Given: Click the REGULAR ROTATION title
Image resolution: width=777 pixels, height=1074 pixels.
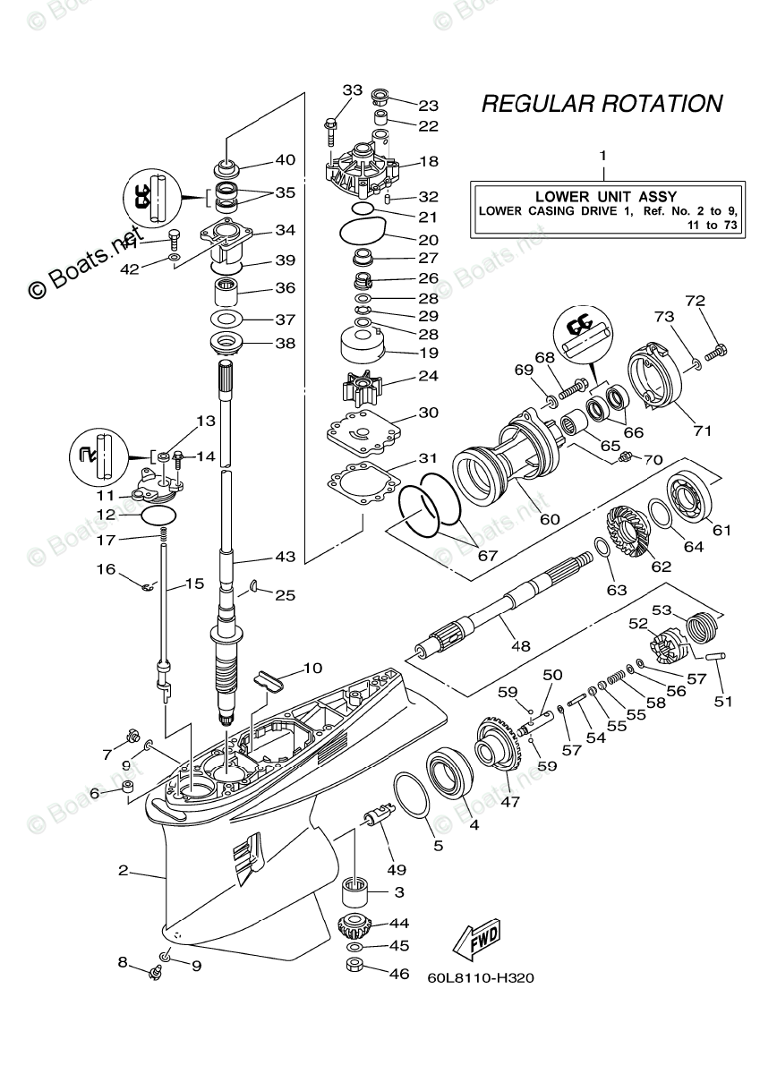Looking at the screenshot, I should coord(602,104).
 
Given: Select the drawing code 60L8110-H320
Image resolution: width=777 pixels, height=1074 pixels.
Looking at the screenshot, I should coord(481,978).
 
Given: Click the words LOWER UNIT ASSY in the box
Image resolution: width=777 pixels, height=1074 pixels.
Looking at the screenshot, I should coord(605,196).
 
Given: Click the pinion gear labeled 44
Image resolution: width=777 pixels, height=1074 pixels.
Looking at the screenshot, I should coord(355,926).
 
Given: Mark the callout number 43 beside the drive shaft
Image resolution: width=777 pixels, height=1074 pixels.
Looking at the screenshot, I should coord(285,557).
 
